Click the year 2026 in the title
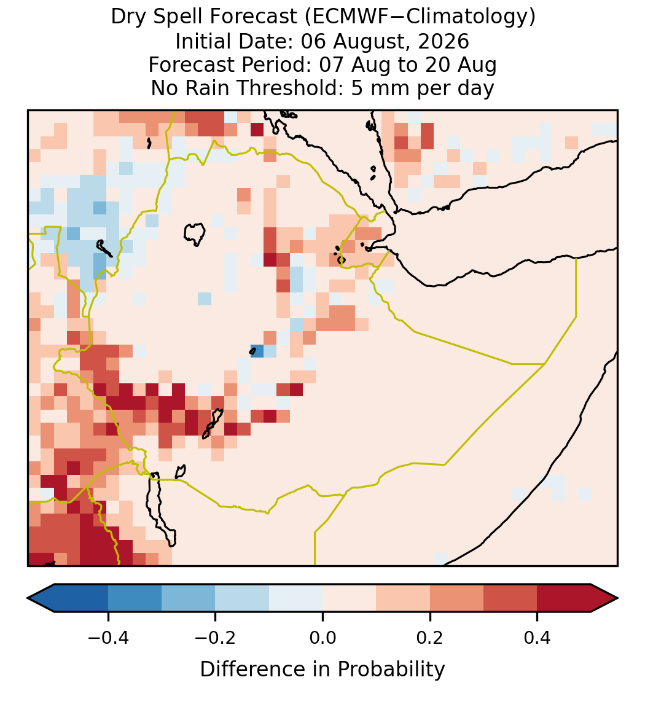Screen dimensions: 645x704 [x=444, y=41]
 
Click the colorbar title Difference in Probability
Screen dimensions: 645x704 [x=322, y=670]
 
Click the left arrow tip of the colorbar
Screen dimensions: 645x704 [x=28, y=598]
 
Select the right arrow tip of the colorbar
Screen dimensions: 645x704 [x=618, y=598]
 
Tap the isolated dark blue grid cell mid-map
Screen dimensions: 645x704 [x=257, y=351]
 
